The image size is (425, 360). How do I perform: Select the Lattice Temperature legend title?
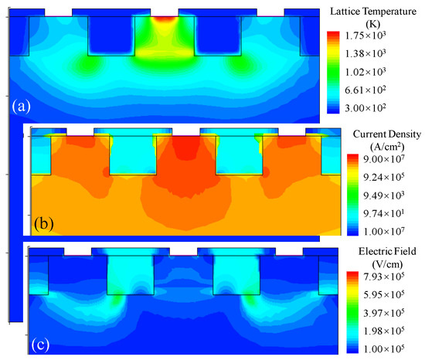coord(375,9)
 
